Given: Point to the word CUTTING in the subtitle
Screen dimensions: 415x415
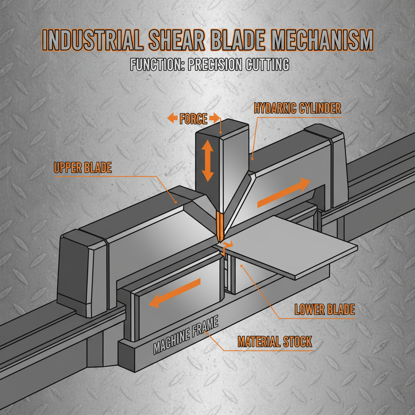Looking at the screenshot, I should pyautogui.click(x=268, y=65).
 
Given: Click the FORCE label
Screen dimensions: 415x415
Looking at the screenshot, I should pyautogui.click(x=193, y=119).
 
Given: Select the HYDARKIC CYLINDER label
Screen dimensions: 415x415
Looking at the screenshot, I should pyautogui.click(x=297, y=109).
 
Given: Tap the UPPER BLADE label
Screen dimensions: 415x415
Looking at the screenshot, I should pyautogui.click(x=82, y=168).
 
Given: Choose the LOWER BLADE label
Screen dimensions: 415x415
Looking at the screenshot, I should pyautogui.click(x=324, y=310).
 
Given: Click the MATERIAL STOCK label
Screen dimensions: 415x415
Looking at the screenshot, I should pyautogui.click(x=275, y=342).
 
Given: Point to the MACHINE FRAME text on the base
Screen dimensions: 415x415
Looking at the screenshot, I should pyautogui.click(x=186, y=336).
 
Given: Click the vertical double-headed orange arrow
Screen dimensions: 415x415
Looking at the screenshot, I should pyautogui.click(x=207, y=160).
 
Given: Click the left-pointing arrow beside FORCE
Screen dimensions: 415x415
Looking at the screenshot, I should pyautogui.click(x=172, y=119).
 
